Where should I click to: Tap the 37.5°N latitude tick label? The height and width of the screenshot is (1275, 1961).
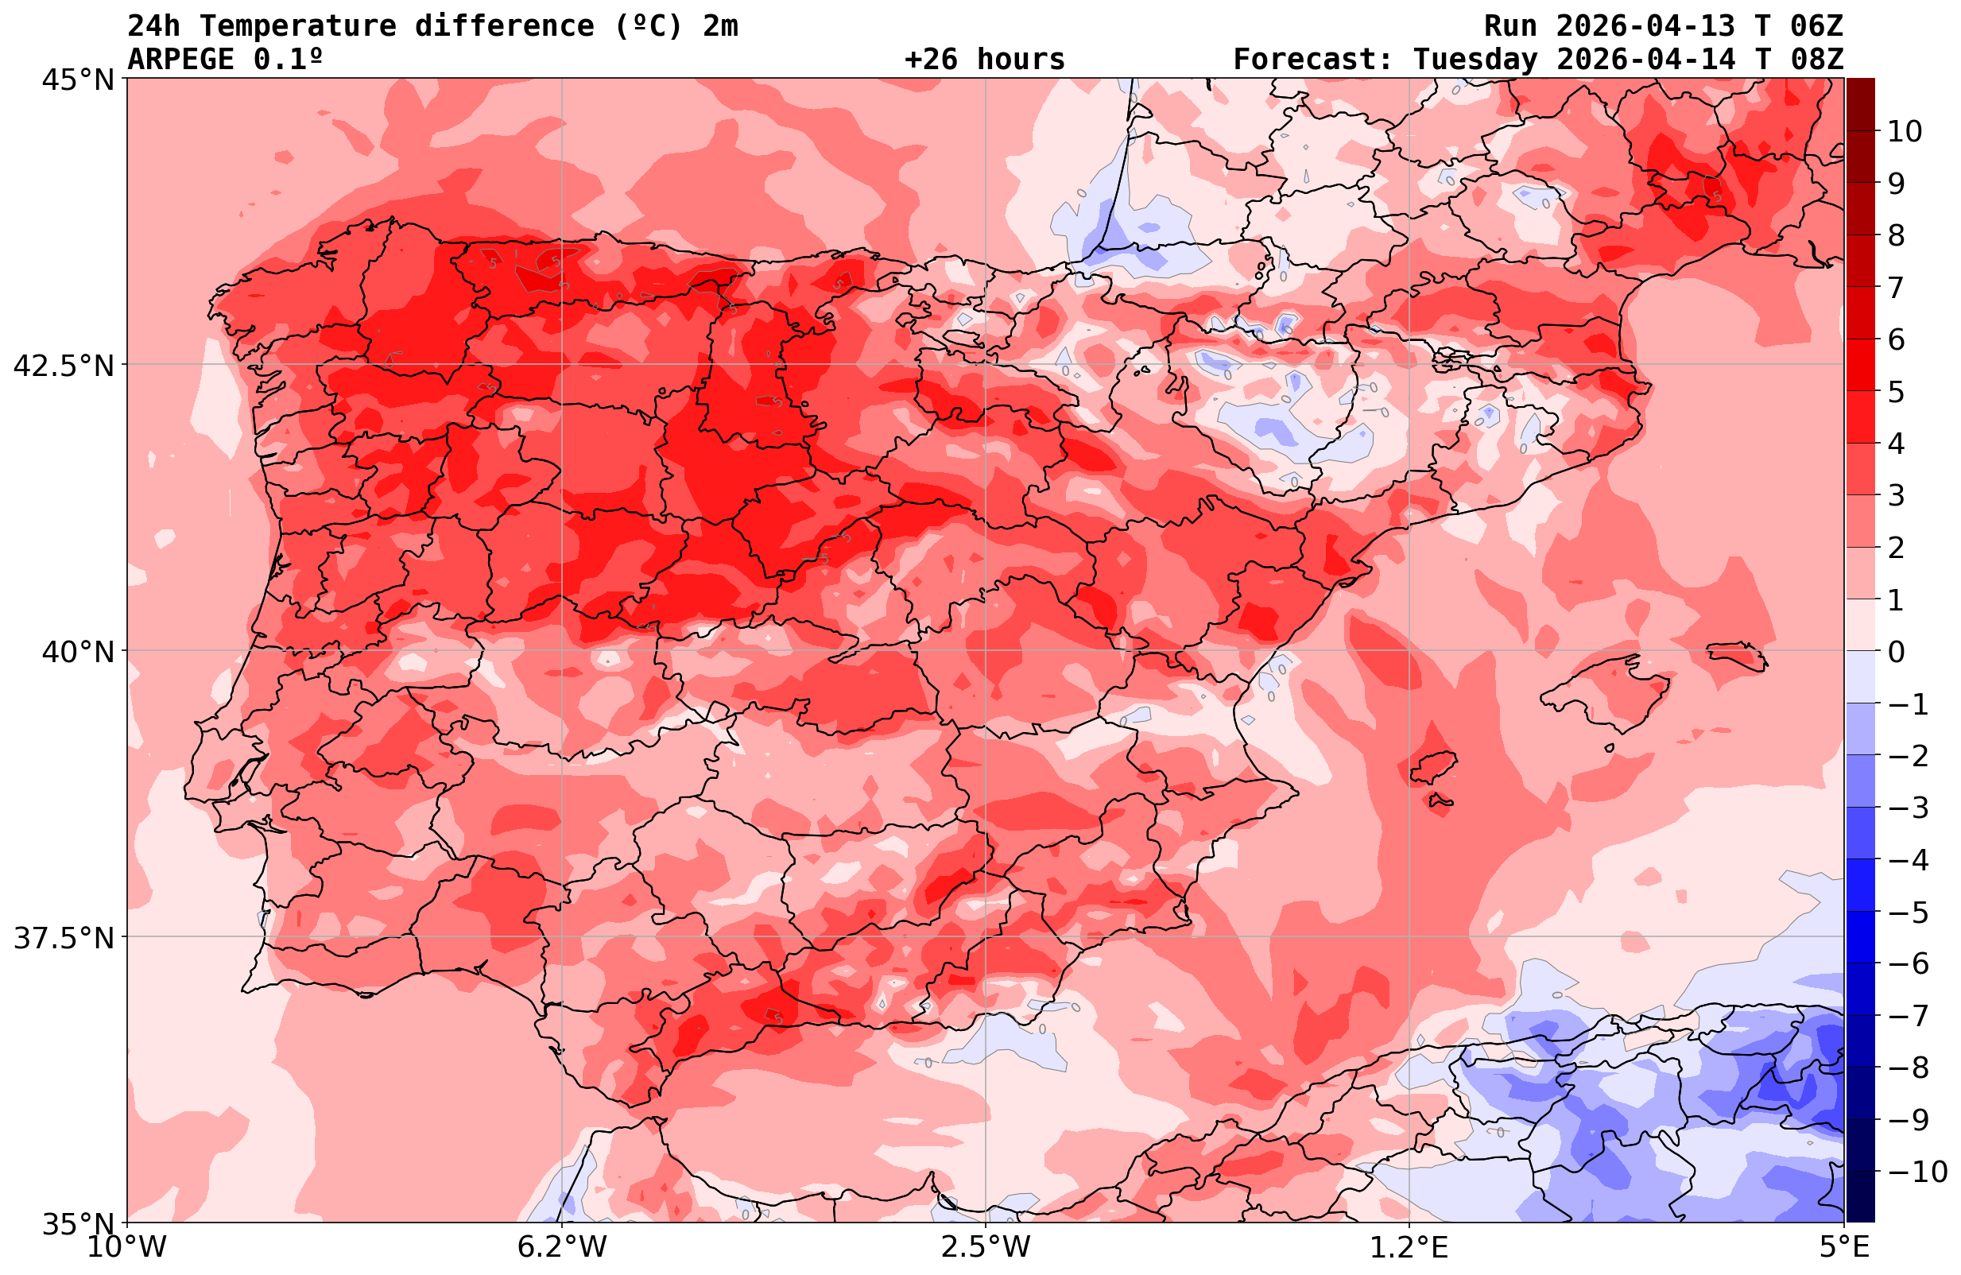coord(64,938)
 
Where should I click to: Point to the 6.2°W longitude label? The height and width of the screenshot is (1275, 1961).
coord(562,1247)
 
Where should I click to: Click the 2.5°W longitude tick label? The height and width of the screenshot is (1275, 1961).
coord(986,1247)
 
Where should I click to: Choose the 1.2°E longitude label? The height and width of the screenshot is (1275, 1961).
coord(1409,1247)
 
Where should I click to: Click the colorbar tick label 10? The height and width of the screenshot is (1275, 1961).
coord(1904,132)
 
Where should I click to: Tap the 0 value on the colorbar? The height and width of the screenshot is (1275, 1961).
coord(1896,652)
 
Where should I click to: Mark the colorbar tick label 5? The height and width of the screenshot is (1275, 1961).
coord(1896,393)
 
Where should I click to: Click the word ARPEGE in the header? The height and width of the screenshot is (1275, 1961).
coord(181,60)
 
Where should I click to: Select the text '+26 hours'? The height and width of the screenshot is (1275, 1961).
coord(984,60)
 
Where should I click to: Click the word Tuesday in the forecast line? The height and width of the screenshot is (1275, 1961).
coord(1475,60)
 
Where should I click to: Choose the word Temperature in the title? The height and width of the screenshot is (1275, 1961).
coord(306,26)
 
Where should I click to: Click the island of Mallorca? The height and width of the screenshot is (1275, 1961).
coord(1606,688)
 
